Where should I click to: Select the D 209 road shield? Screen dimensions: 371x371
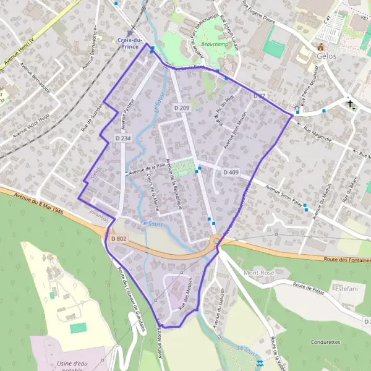182,108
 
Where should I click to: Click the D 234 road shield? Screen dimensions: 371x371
122,138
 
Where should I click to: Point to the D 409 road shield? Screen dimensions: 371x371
231,171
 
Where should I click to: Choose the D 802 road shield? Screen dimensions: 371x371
118,238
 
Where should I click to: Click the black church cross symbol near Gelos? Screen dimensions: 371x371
350,104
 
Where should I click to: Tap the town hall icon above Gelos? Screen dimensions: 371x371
320,47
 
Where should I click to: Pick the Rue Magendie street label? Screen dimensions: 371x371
318,135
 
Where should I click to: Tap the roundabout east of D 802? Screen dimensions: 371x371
216,241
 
